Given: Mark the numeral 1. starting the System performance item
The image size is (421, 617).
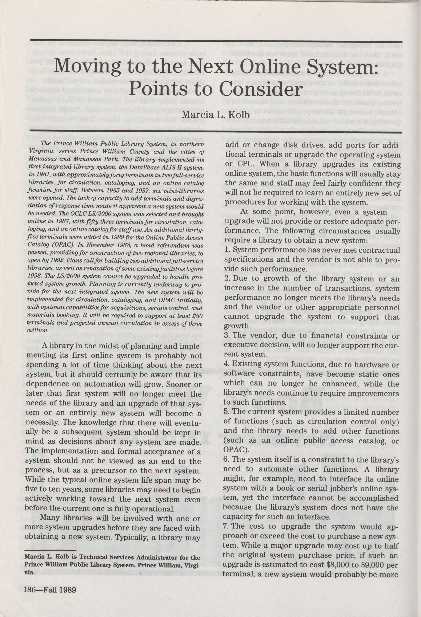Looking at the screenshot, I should pyautogui.click(x=226, y=250).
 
